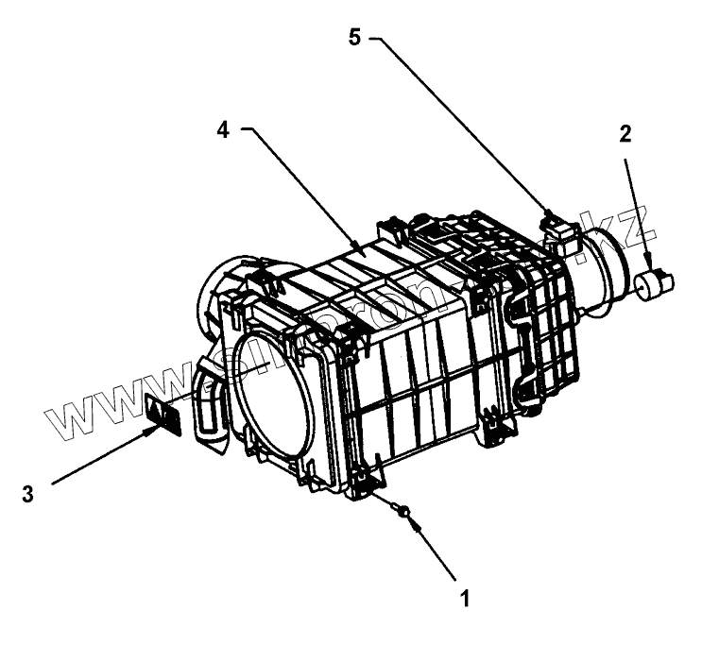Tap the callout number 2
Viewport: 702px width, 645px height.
coord(625,134)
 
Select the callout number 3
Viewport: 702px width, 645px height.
coord(28,493)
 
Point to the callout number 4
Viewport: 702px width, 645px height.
coord(223,130)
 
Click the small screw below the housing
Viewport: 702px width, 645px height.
coord(404,512)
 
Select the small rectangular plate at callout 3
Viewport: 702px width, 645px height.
coord(164,416)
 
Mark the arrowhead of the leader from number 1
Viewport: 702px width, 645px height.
coord(412,521)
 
